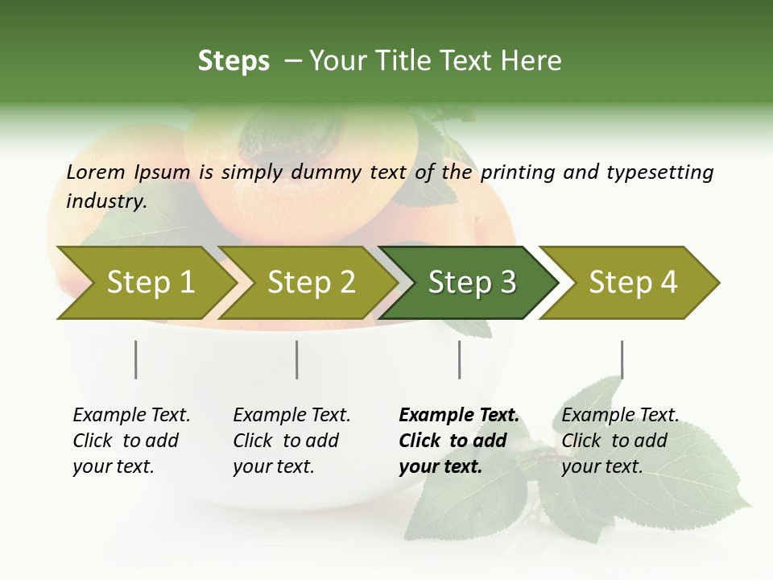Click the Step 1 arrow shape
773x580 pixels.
[x=145, y=283]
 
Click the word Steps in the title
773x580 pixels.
[x=234, y=61]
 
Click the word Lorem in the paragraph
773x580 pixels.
[x=96, y=172]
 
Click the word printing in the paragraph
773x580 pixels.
[x=518, y=172]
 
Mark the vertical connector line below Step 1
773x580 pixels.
[x=135, y=359]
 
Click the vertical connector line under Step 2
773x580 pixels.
[x=297, y=359]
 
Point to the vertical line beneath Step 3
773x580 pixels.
[x=460, y=359]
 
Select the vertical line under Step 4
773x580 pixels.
[x=622, y=359]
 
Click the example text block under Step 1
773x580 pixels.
[x=131, y=441]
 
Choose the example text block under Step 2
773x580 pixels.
[x=291, y=441]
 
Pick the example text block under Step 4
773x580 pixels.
[x=620, y=441]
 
